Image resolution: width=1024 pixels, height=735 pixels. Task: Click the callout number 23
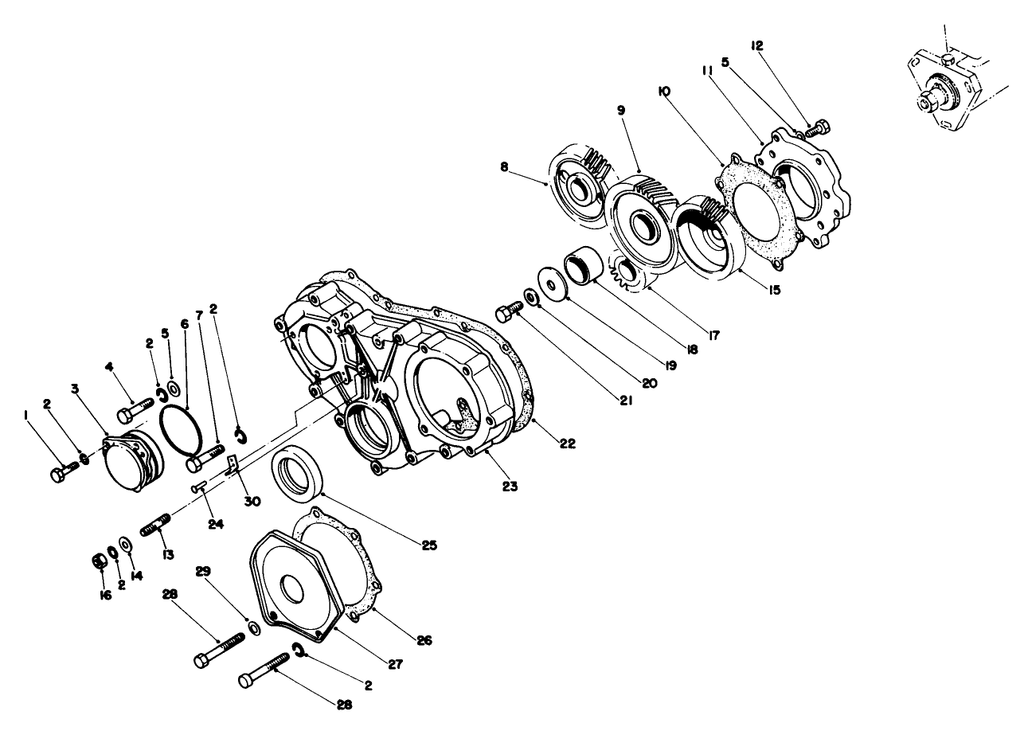510,485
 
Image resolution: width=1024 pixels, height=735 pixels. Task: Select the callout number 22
568,444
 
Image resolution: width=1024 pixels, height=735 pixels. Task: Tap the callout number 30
252,502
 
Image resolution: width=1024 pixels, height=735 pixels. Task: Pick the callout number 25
430,545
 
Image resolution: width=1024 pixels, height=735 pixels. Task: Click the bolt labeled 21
506,313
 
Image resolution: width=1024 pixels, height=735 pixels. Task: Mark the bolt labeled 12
819,128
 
